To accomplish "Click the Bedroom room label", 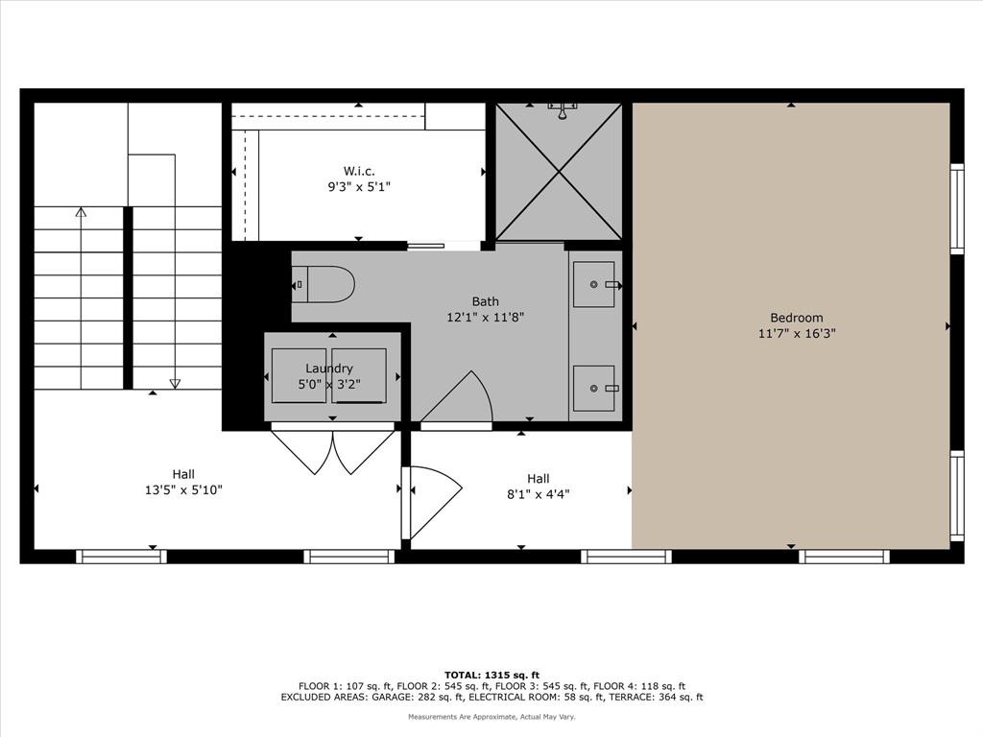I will (796, 318).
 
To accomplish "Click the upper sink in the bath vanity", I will (595, 284).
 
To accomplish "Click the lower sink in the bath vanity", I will (595, 388).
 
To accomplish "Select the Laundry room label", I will (329, 368).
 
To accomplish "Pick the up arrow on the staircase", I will (81, 214).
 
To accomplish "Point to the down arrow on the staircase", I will (175, 382).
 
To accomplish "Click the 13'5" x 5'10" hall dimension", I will (183, 489).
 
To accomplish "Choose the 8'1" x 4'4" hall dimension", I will (538, 494).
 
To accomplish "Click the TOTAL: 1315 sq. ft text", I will (491, 675).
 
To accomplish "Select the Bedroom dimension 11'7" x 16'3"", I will (796, 334).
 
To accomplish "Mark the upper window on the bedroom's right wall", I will (956, 208).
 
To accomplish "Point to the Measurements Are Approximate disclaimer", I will (491, 717).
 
